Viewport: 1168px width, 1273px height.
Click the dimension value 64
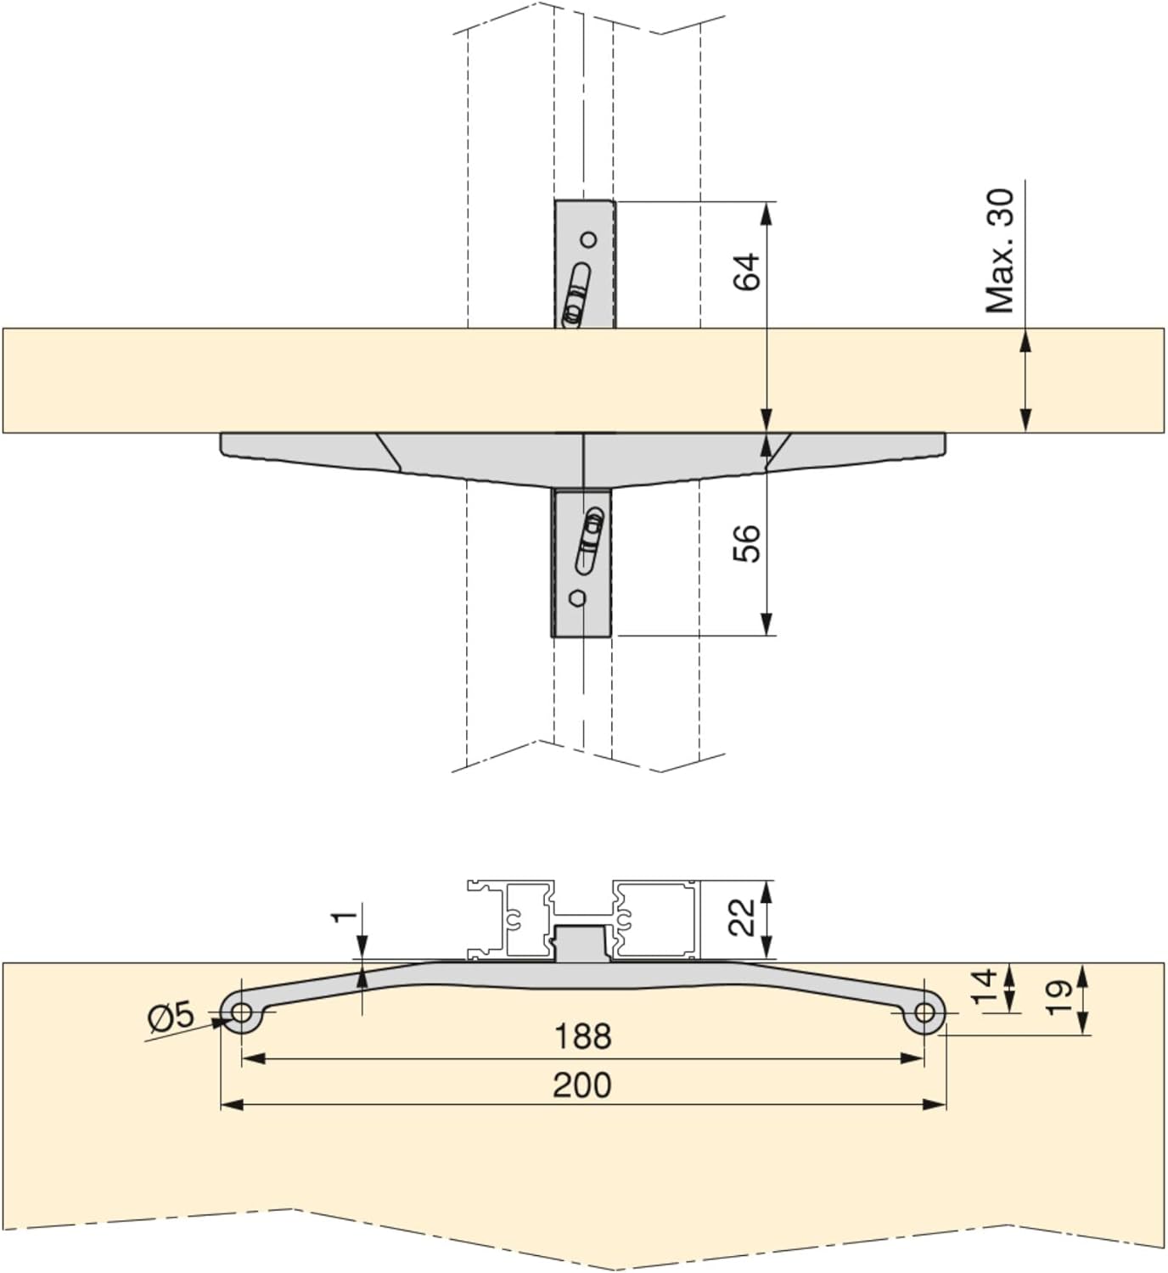[x=747, y=272]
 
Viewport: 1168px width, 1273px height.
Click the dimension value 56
[x=747, y=543]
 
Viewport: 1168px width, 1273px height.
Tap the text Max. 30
[x=1000, y=250]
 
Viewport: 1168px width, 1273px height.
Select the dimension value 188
[x=582, y=1036]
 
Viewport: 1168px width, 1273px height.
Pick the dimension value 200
[x=582, y=1085]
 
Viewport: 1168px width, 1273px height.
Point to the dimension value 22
[x=742, y=917]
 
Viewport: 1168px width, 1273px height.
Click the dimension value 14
[x=983, y=987]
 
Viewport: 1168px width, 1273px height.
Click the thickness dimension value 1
[x=344, y=917]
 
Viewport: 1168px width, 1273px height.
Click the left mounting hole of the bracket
[x=241, y=1012]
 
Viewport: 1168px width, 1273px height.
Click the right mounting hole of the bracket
[x=924, y=1012]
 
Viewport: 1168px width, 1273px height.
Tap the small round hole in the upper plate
[x=588, y=238]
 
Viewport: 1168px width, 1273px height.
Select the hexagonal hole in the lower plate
[x=578, y=598]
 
